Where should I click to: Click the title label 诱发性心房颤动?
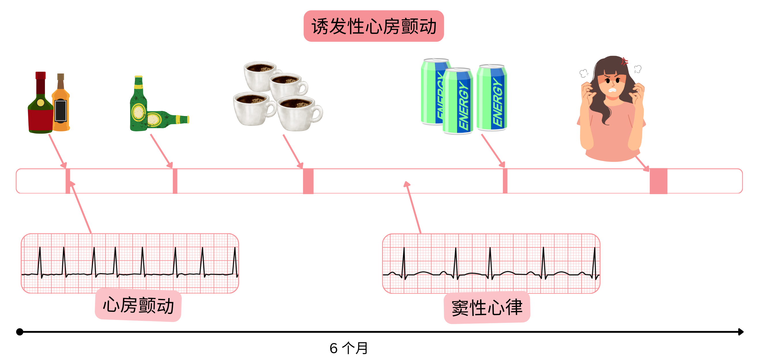click(x=373, y=26)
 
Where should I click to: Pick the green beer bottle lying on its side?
click(x=166, y=120)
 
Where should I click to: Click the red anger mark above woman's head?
click(x=624, y=61)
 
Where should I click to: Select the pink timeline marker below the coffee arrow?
click(x=308, y=181)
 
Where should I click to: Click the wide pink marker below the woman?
click(x=658, y=181)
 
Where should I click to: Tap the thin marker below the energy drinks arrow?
click(x=505, y=181)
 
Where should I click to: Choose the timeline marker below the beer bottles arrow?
click(x=175, y=181)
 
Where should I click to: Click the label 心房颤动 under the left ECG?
click(x=138, y=305)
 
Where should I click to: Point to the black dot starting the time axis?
click(x=20, y=331)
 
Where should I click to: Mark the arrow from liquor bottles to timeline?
click(x=57, y=150)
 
